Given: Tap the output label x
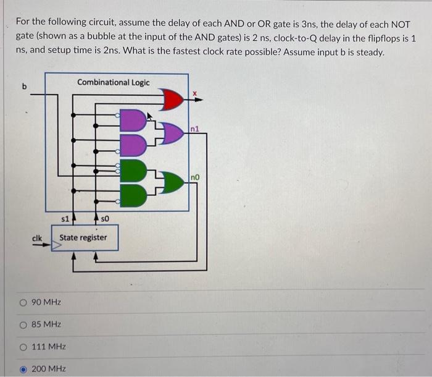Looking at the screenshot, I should click(193, 94).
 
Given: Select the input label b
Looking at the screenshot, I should click(25, 86).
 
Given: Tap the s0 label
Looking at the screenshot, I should click(104, 218).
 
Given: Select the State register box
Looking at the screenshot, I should click(84, 238).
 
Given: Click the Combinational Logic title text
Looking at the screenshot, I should click(114, 82).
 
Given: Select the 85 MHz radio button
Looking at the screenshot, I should click(23, 324).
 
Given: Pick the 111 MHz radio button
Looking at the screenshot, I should click(23, 347).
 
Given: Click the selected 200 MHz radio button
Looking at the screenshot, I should click(23, 369).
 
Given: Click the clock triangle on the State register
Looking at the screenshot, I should click(55, 245).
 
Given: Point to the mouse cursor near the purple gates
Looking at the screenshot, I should click(150, 115).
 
